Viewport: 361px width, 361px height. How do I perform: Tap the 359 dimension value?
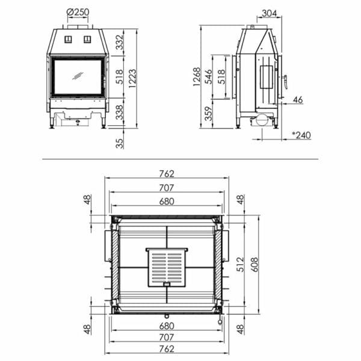click(x=209, y=114)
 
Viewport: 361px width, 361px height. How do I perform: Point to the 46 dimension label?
click(x=297, y=100)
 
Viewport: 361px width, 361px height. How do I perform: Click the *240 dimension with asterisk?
click(x=301, y=135)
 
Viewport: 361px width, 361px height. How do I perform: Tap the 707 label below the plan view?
click(x=167, y=338)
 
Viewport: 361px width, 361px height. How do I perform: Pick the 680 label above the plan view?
click(x=167, y=202)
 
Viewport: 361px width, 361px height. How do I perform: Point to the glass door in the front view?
click(x=76, y=76)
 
